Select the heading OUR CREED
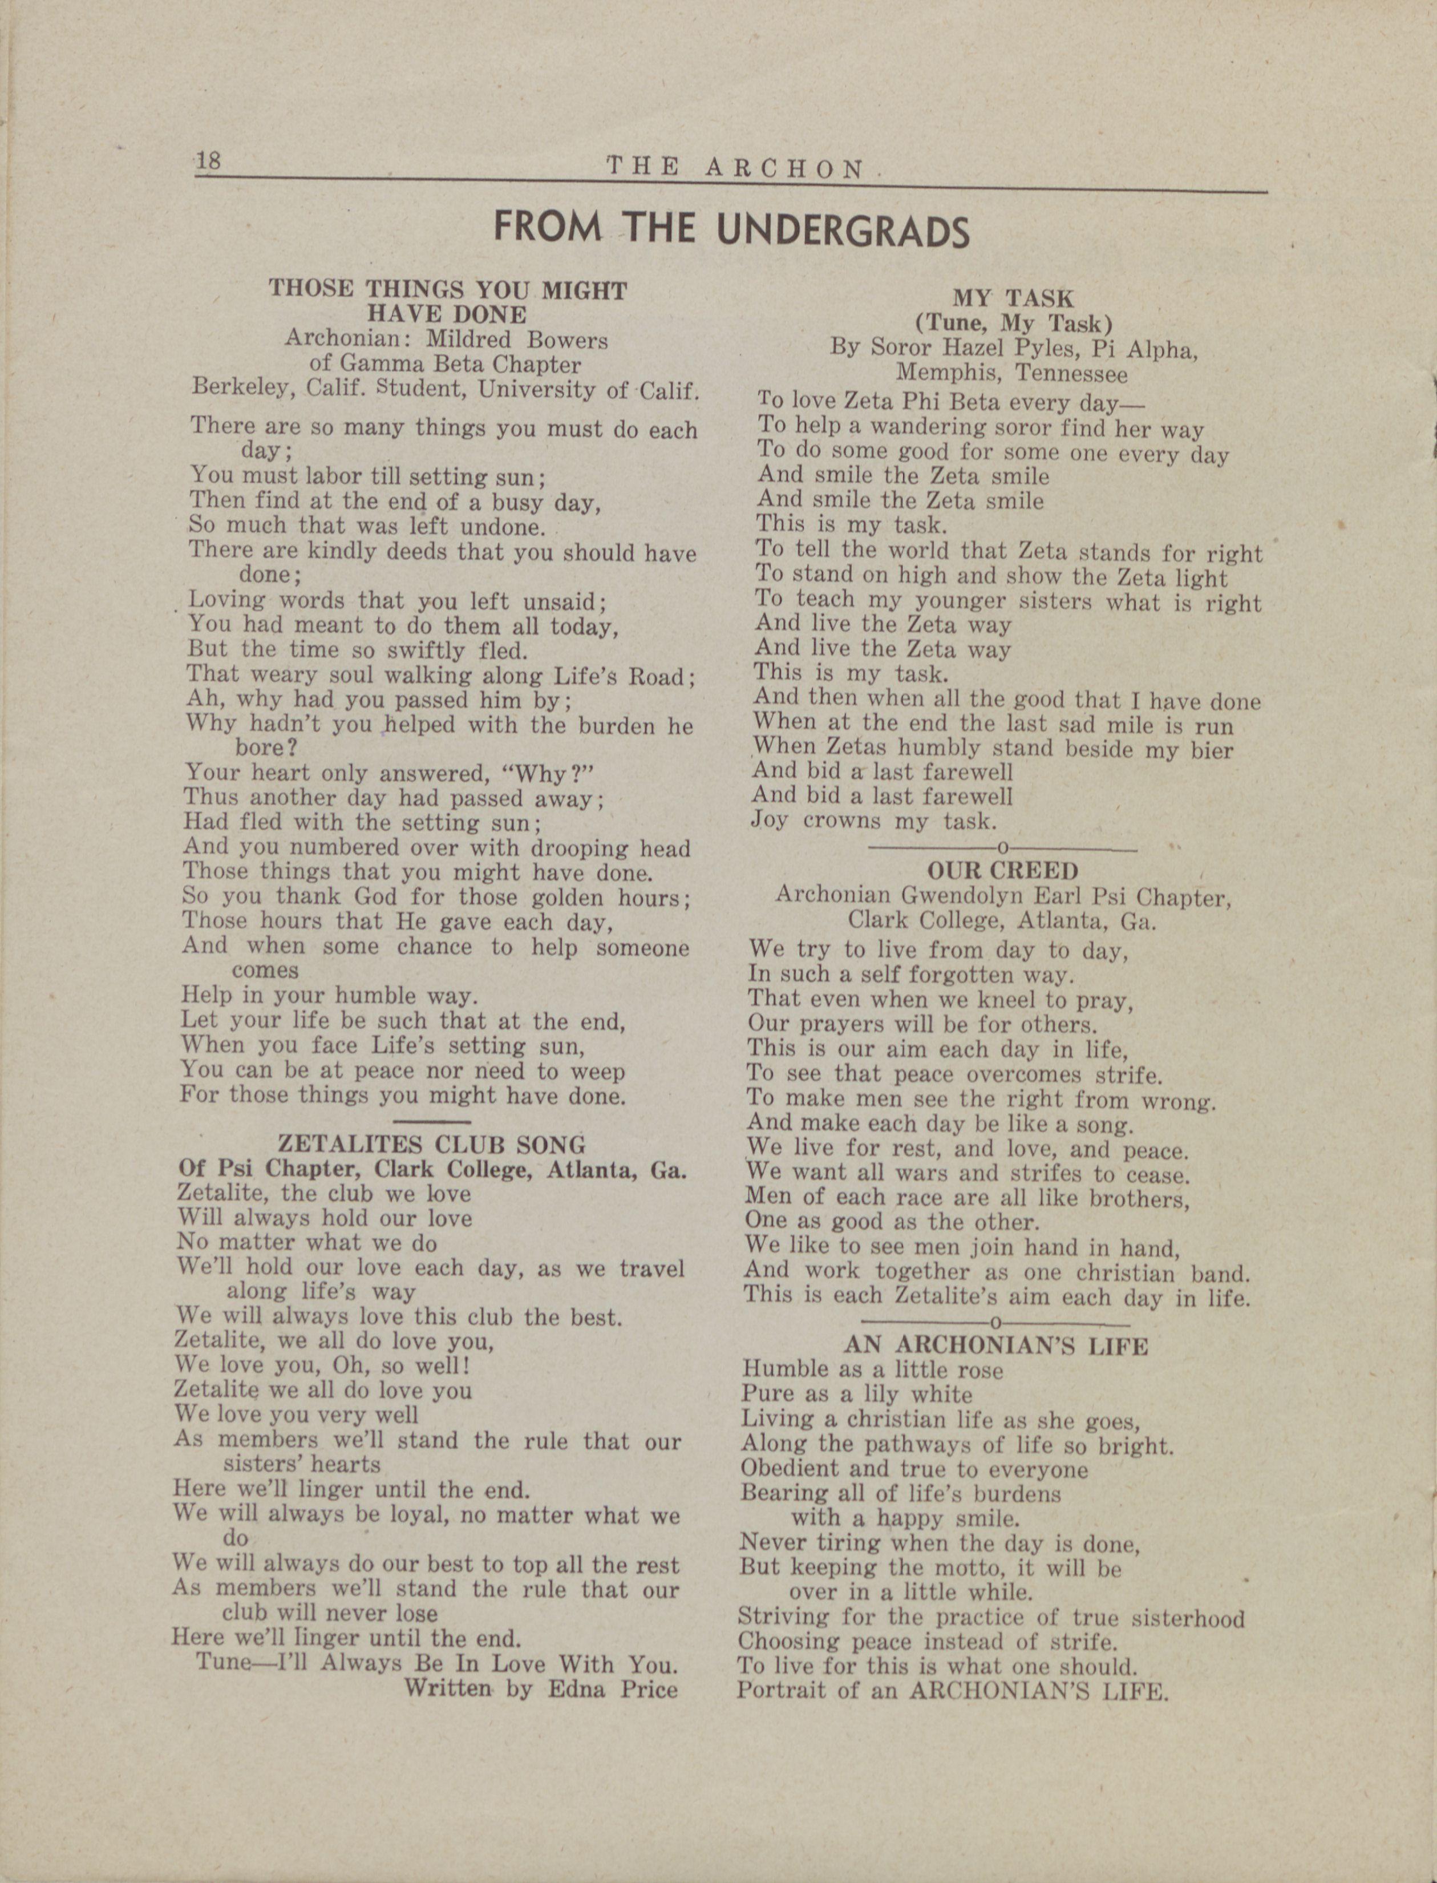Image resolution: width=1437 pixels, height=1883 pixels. pyautogui.click(x=1002, y=871)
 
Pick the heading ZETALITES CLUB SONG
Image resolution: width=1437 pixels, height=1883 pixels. pyautogui.click(x=432, y=1145)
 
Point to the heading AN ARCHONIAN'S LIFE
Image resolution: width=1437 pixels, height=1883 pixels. pyautogui.click(x=995, y=1345)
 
